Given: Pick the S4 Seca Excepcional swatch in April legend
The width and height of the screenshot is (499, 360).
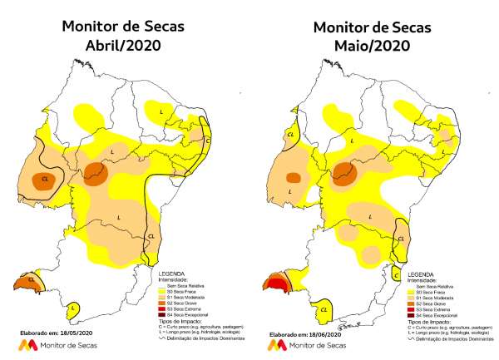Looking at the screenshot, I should click(x=163, y=317).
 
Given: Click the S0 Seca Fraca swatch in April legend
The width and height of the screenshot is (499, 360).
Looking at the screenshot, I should click(x=163, y=290).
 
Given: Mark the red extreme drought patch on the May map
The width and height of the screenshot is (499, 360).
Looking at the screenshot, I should click(x=274, y=287).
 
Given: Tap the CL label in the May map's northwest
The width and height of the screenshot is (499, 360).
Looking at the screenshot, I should click(x=290, y=134).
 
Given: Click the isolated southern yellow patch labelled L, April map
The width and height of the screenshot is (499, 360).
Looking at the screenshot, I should click(x=72, y=309).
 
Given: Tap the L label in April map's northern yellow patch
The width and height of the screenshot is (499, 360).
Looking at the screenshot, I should click(x=161, y=109).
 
